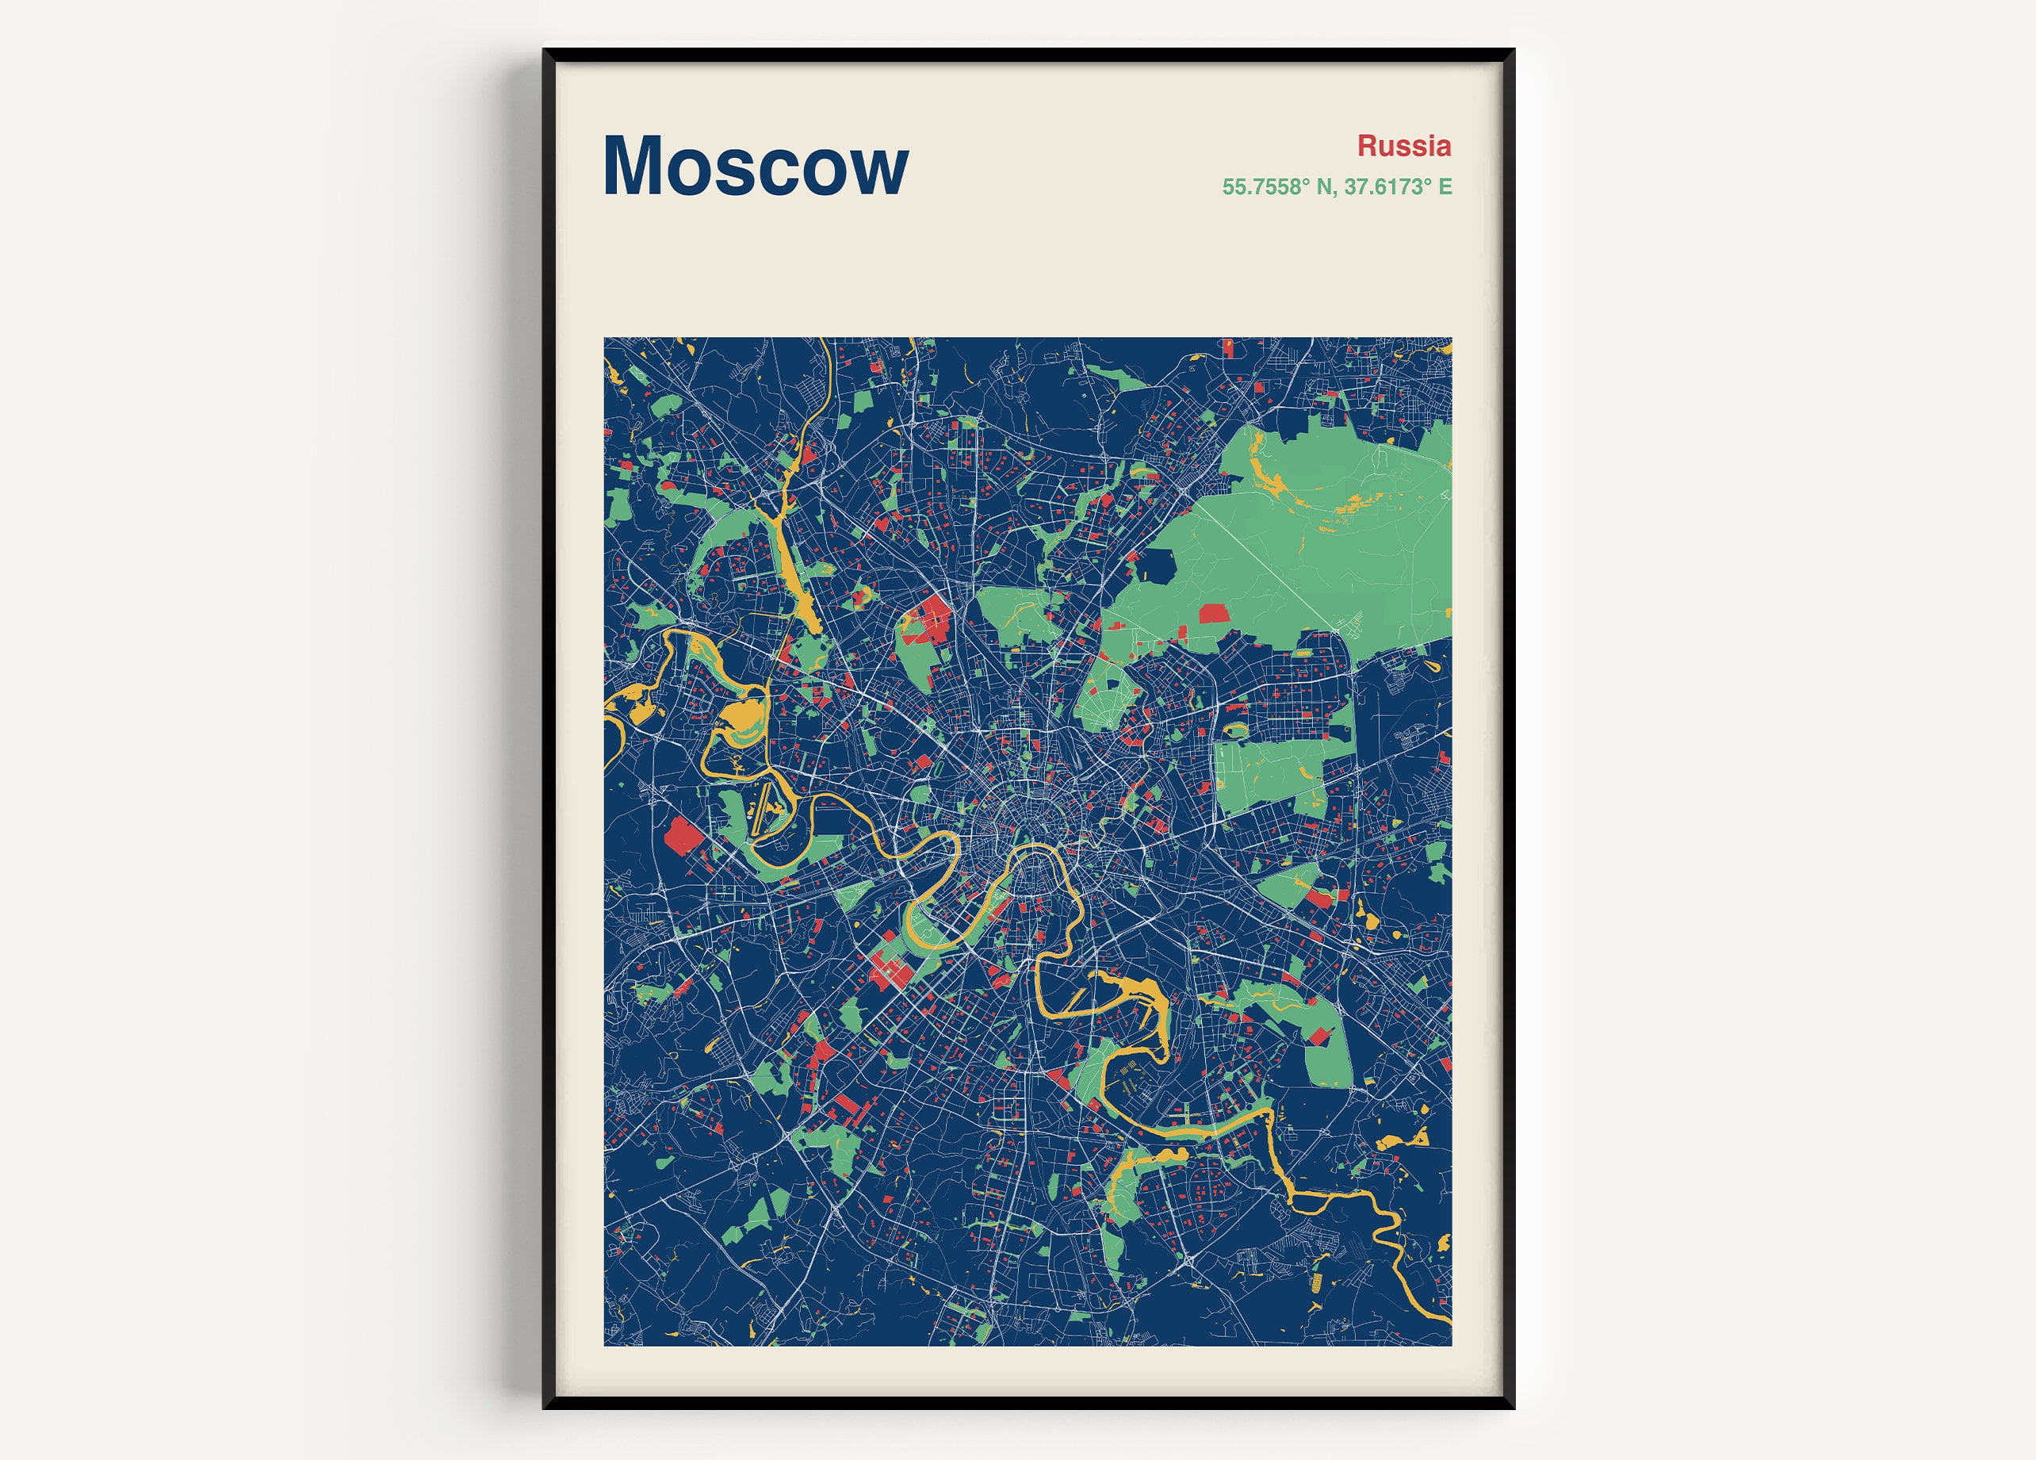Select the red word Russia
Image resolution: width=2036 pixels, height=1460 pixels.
pos(1403,145)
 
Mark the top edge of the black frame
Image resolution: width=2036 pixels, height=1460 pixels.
pos(1028,55)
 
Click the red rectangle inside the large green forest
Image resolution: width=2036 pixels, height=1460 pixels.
pos(1214,613)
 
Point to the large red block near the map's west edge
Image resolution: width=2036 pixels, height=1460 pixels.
pos(683,837)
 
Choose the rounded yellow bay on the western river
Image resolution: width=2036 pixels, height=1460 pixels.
pos(744,719)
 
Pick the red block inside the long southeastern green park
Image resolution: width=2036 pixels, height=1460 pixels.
pos(1319,1035)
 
